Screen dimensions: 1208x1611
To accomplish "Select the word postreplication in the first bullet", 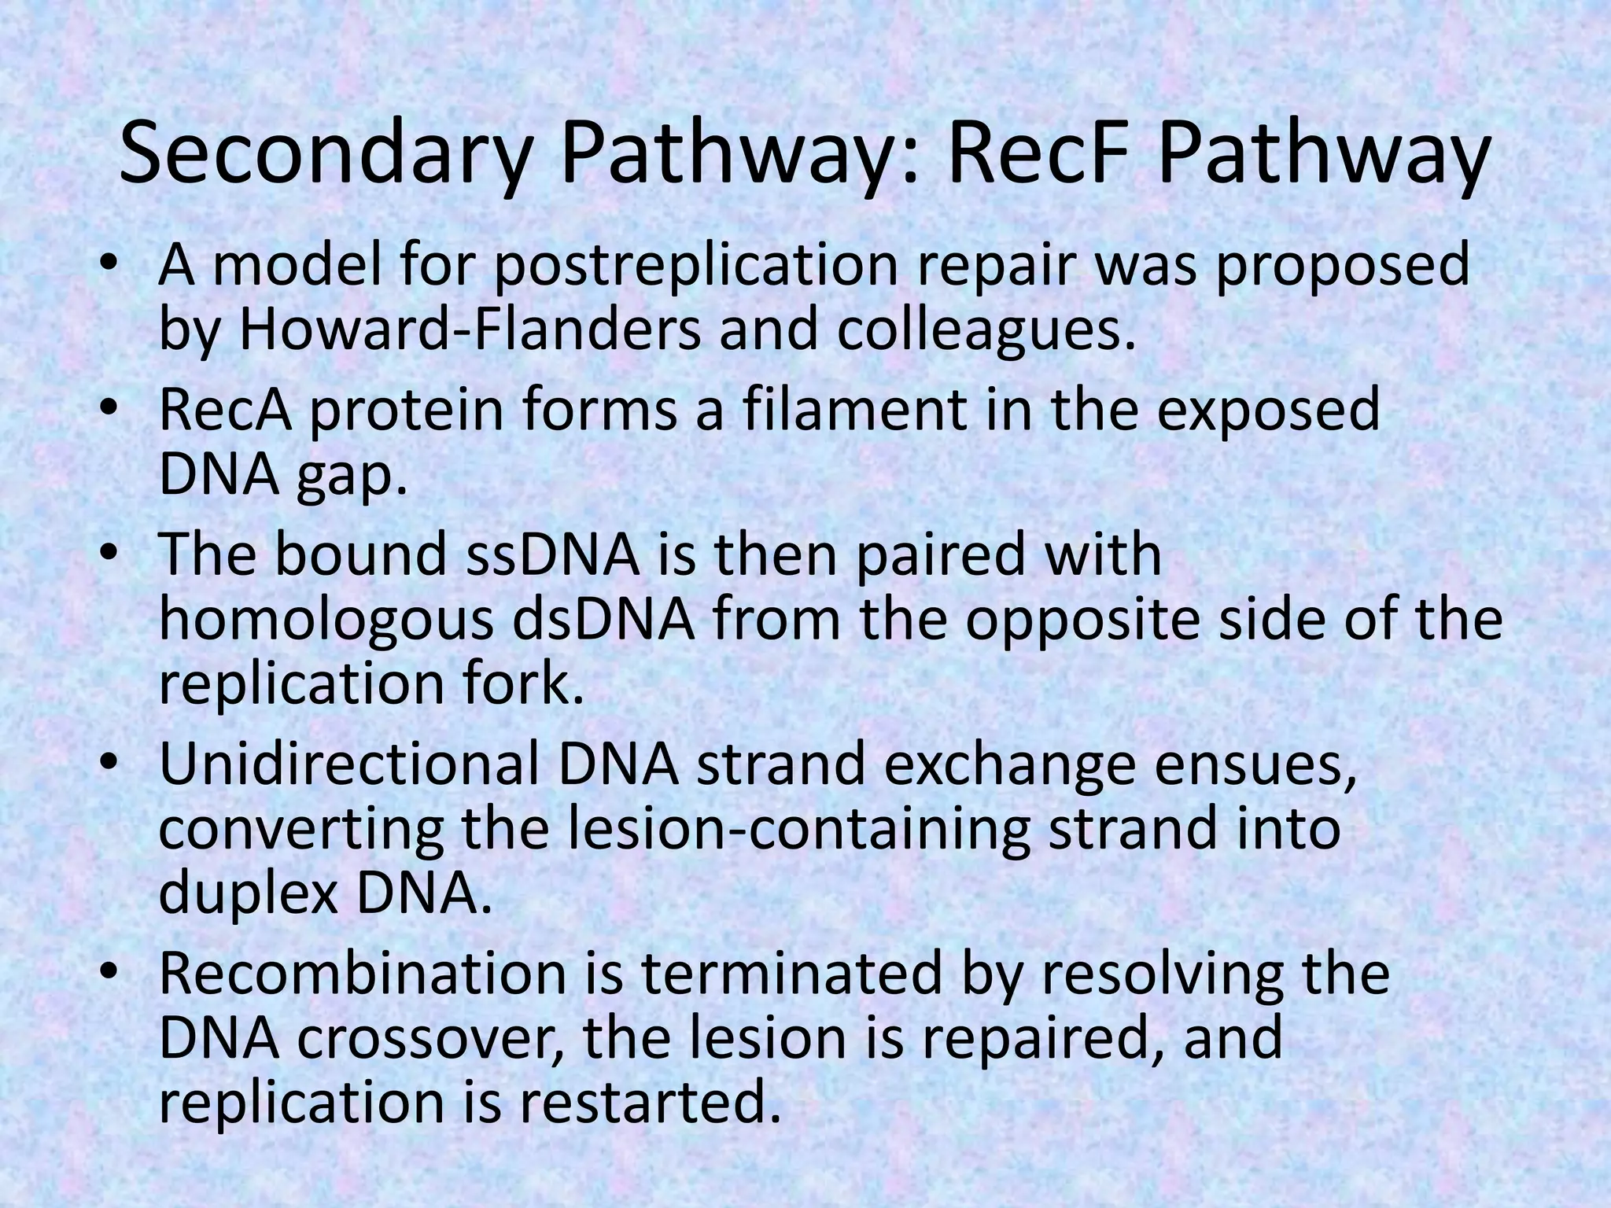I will (695, 267).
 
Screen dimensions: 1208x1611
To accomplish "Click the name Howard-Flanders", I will (469, 330).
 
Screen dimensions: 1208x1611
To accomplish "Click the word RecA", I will (225, 411).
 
